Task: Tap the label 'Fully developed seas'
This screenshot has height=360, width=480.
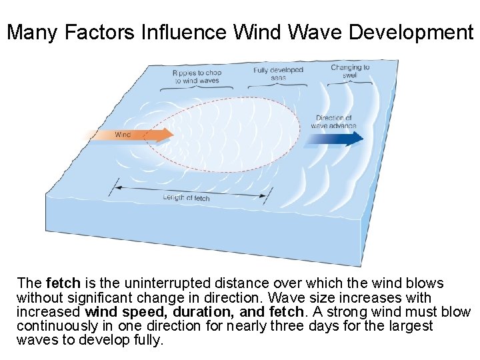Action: pos(278,73)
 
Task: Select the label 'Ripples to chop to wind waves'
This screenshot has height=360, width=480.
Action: pos(197,77)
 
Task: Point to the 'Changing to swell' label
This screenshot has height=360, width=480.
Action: pos(350,71)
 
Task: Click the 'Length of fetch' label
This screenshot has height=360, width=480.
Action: pos(186,197)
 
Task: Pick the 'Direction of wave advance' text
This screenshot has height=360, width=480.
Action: pos(333,122)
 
